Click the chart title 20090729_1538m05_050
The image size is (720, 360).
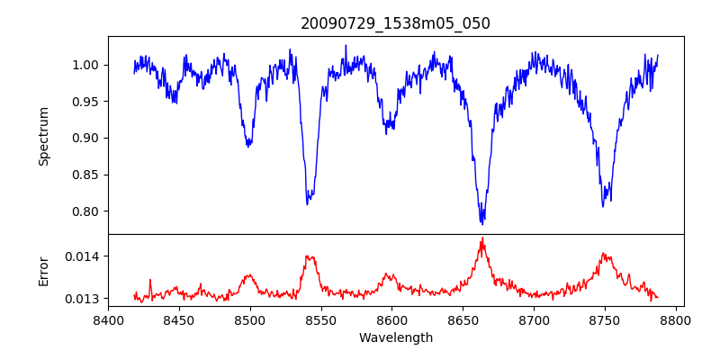pyautogui.click(x=396, y=23)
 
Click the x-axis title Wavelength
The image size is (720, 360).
pyautogui.click(x=396, y=337)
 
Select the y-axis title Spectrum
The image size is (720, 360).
pyautogui.click(x=43, y=136)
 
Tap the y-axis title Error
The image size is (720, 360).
pyautogui.click(x=43, y=271)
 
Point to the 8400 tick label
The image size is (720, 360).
pyautogui.click(x=108, y=320)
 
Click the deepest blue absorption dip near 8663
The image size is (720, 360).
pyautogui.click(x=482, y=221)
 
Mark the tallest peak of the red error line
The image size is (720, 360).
pyautogui.click(x=482, y=238)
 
